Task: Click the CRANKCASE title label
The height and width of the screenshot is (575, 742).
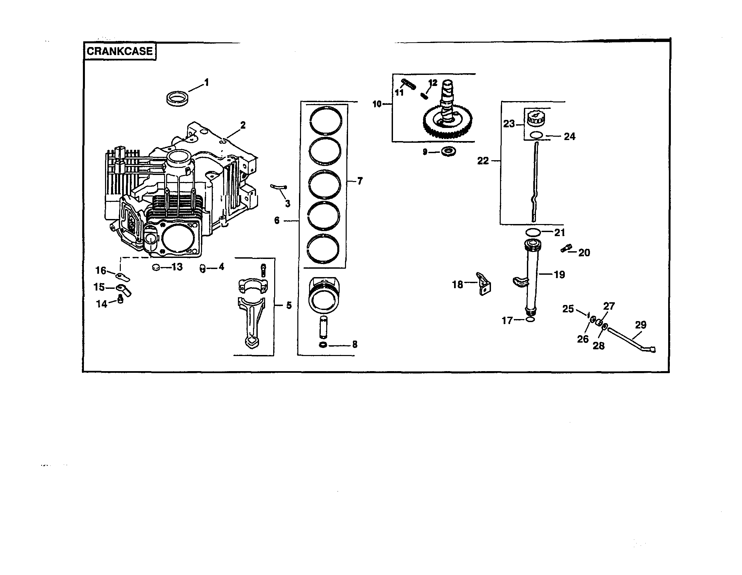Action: coord(119,51)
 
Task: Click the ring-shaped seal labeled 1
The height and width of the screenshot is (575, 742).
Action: coord(178,98)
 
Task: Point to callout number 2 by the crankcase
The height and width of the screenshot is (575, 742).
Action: coord(243,125)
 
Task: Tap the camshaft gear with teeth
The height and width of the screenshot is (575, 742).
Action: coord(445,123)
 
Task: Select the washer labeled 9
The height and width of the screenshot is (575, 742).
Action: coord(448,151)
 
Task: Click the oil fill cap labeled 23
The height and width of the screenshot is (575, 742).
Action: coord(536,119)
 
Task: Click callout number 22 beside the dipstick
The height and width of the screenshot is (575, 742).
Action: coord(483,161)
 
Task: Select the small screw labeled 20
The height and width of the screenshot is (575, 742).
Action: coord(566,249)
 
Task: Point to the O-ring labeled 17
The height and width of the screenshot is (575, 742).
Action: coord(530,320)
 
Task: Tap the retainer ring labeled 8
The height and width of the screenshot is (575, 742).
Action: coord(323,346)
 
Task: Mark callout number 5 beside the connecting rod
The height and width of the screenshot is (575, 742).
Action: coord(289,305)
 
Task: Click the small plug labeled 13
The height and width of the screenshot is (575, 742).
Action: coord(156,268)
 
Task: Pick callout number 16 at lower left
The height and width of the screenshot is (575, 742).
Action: coord(101,270)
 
